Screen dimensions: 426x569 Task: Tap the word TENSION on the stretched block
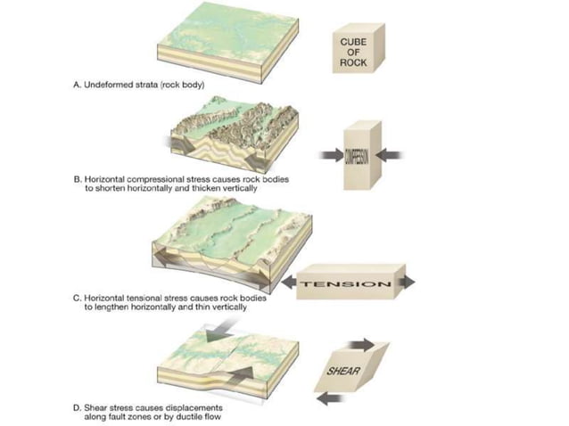347,284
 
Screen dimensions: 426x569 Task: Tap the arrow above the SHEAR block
363,341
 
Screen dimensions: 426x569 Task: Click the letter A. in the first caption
77,86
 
